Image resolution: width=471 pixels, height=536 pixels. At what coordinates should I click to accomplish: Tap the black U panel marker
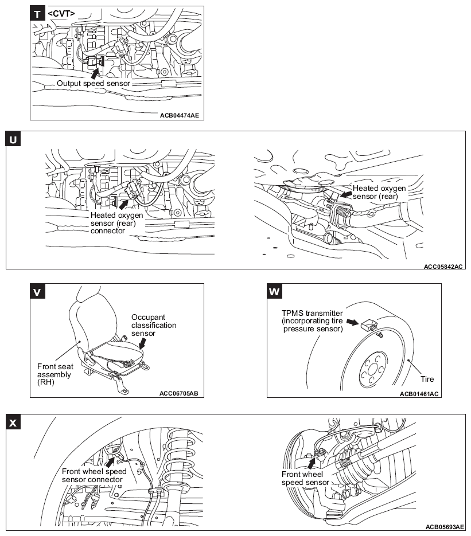[x=13, y=139]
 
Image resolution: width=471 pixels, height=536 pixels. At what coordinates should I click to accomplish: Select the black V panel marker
[x=38, y=292]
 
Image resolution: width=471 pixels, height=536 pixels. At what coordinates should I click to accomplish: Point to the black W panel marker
[x=275, y=292]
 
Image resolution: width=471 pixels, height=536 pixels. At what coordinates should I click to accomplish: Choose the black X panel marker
[x=13, y=423]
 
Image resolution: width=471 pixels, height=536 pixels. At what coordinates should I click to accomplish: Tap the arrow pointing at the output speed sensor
[x=95, y=71]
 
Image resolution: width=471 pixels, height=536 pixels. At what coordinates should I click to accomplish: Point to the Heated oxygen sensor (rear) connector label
[x=117, y=222]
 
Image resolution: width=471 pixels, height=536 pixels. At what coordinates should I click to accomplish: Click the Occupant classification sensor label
[x=154, y=324]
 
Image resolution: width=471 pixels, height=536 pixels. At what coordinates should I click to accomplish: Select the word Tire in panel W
[x=427, y=379]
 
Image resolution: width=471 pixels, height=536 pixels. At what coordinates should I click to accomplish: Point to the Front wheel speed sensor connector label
[x=94, y=475]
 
